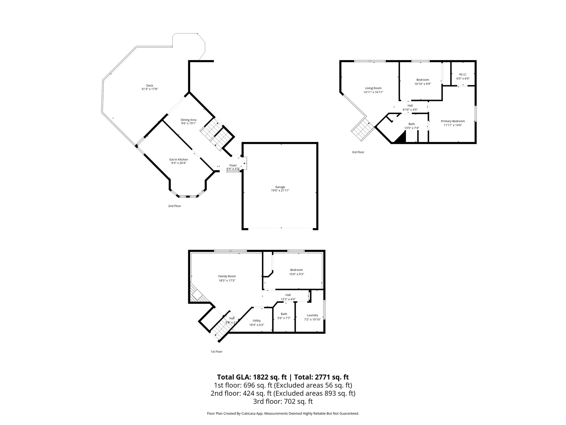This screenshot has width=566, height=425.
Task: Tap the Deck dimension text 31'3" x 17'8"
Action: (149, 89)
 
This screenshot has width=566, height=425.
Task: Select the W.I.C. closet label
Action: (463, 74)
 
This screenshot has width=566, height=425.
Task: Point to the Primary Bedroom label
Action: (453, 121)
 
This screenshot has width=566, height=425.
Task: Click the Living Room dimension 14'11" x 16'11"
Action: (373, 92)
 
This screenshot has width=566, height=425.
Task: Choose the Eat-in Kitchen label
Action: (179, 160)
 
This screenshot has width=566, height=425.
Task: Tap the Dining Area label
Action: (188, 120)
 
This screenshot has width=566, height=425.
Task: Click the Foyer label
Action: (233, 165)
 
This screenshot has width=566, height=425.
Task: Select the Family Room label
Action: (227, 276)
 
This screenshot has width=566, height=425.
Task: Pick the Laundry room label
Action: (312, 315)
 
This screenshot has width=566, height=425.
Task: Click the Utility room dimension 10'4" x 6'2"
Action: (257, 325)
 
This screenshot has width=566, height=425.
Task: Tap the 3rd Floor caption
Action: (358, 152)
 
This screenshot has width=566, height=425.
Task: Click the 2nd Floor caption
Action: (174, 206)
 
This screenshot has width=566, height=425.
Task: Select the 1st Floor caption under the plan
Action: (216, 352)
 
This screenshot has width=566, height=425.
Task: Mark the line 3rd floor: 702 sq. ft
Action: (283, 401)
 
